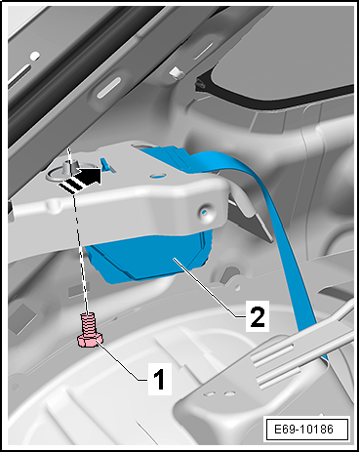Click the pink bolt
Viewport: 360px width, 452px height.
pyautogui.click(x=89, y=330)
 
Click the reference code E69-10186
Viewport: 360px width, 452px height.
pyautogui.click(x=303, y=429)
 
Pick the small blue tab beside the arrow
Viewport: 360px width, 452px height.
pyautogui.click(x=106, y=164)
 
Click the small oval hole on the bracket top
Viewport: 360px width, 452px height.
pyautogui.click(x=158, y=176)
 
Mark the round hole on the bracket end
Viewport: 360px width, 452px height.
pyautogui.click(x=205, y=212)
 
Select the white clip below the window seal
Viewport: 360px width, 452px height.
pyautogui.click(x=175, y=73)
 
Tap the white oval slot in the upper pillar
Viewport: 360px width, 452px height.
pyautogui.click(x=108, y=88)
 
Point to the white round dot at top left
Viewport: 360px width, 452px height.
pyautogui.click(x=35, y=57)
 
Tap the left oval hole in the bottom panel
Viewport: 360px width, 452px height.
pyautogui.click(x=210, y=393)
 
